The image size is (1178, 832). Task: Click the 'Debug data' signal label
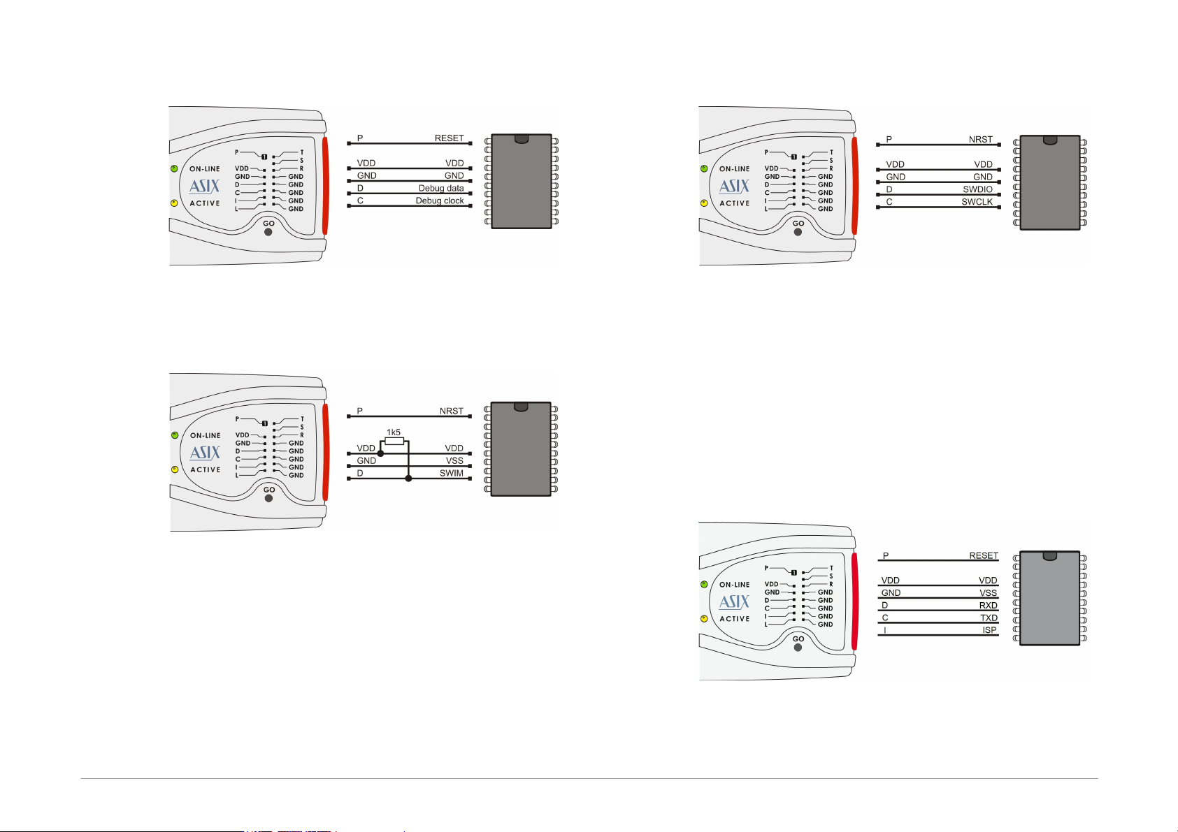click(x=440, y=188)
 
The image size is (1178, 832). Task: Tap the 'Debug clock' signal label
click(x=440, y=200)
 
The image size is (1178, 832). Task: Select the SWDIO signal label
click(x=977, y=189)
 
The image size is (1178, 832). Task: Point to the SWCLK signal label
click(x=977, y=202)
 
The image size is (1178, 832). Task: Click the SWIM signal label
click(x=451, y=473)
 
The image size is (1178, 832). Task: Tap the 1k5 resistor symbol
click(x=394, y=441)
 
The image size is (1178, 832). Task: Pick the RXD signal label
click(x=988, y=606)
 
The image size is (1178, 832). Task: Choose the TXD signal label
click(x=989, y=618)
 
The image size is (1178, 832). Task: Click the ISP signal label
click(x=990, y=630)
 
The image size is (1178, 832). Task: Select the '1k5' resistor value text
click(x=394, y=432)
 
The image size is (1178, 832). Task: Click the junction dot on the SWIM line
click(x=408, y=479)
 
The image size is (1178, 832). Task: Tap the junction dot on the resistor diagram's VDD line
click(x=381, y=453)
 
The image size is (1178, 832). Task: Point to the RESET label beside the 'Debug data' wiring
click(x=449, y=138)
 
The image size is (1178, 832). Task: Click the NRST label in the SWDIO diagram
click(x=981, y=139)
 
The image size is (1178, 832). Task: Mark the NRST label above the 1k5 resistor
click(x=451, y=411)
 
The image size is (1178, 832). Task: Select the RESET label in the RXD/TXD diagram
click(x=984, y=555)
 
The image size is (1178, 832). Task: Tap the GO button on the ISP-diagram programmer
click(x=798, y=648)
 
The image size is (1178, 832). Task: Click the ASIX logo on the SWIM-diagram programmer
click(x=205, y=453)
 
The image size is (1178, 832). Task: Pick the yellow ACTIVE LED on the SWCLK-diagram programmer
click(x=704, y=203)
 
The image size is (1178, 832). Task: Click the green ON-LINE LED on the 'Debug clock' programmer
click(x=174, y=169)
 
